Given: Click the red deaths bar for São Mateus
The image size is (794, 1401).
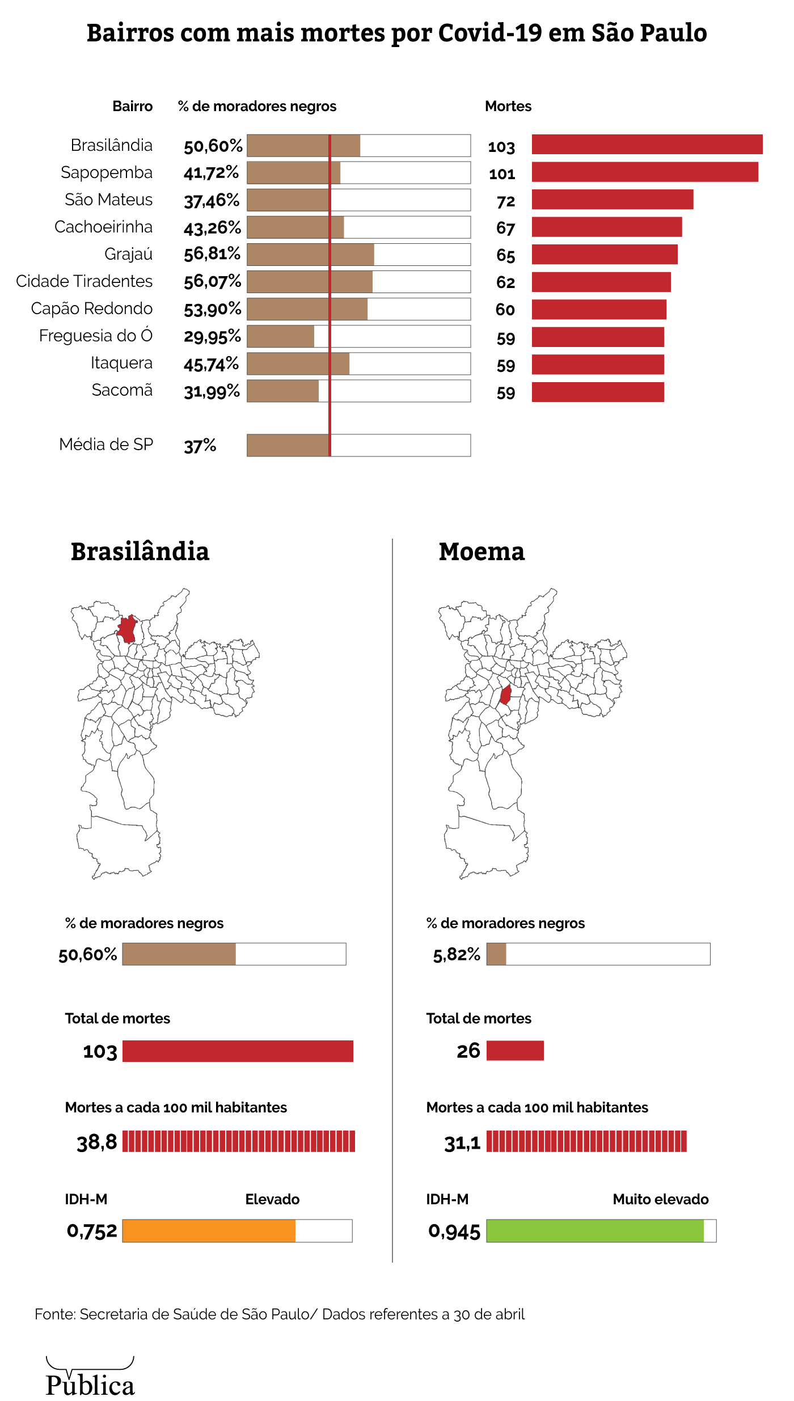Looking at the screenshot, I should pyautogui.click(x=613, y=200).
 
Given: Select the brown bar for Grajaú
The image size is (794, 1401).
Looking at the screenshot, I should pyautogui.click(x=310, y=255).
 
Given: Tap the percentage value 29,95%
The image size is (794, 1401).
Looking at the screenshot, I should pyautogui.click(x=212, y=337).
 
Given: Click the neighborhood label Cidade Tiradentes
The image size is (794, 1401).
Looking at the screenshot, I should pyautogui.click(x=85, y=281).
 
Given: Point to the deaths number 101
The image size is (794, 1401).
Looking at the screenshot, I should pyautogui.click(x=502, y=174).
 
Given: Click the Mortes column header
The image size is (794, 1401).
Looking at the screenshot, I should pyautogui.click(x=508, y=107).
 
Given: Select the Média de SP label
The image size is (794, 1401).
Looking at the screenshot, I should pyautogui.click(x=106, y=445).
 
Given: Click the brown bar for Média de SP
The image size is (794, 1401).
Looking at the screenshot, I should pyautogui.click(x=288, y=445).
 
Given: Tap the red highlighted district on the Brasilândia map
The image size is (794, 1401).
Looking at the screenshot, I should pyautogui.click(x=127, y=629).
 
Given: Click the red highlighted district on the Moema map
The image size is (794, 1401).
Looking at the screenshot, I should pyautogui.click(x=505, y=695).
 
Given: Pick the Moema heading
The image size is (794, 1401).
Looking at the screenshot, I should pyautogui.click(x=482, y=552).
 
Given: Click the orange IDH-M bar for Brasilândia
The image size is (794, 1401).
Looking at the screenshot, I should pyautogui.click(x=209, y=1230).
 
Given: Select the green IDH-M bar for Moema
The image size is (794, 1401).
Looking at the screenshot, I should pyautogui.click(x=595, y=1230).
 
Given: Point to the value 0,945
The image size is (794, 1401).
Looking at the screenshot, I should pyautogui.click(x=454, y=1231).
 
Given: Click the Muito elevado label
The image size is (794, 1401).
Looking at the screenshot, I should pyautogui.click(x=661, y=1199).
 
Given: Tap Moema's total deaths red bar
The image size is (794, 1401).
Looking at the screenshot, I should pyautogui.click(x=515, y=1051).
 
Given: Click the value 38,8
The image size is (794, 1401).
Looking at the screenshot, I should pyautogui.click(x=97, y=1142).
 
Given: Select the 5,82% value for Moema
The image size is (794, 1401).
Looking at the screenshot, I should pyautogui.click(x=457, y=955).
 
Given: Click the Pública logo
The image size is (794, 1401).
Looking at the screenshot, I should pyautogui.click(x=90, y=1378).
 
